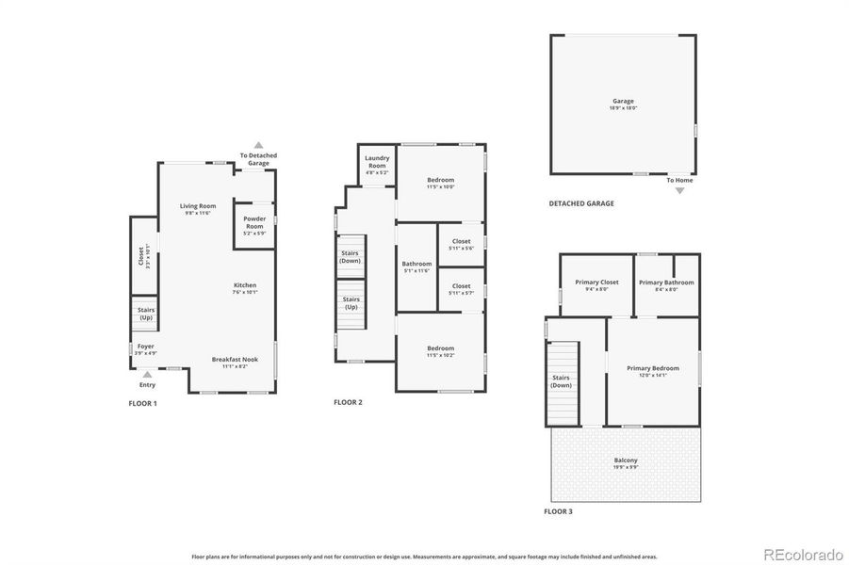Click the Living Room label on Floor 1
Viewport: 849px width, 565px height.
click(198, 206)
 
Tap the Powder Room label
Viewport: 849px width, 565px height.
click(254, 223)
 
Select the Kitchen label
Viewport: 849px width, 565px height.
click(245, 285)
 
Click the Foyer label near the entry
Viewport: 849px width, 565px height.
click(146, 347)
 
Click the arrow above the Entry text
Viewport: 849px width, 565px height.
click(147, 374)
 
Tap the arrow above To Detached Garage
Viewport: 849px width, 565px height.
click(258, 145)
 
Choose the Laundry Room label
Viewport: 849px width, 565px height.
click(377, 162)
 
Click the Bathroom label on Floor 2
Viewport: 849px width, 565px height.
click(416, 264)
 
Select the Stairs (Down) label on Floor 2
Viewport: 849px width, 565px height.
click(350, 256)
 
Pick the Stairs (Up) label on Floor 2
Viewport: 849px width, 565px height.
click(350, 303)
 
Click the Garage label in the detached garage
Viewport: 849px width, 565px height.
click(623, 101)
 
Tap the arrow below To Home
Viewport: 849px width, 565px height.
click(680, 189)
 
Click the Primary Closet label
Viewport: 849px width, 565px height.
click(596, 282)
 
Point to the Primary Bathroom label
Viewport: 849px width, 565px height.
click(666, 282)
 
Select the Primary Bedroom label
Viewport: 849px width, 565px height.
click(653, 368)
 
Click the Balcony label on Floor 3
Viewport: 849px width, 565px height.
click(626, 460)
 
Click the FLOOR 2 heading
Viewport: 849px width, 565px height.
click(348, 402)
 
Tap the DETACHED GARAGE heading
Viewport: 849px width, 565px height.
click(581, 203)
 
